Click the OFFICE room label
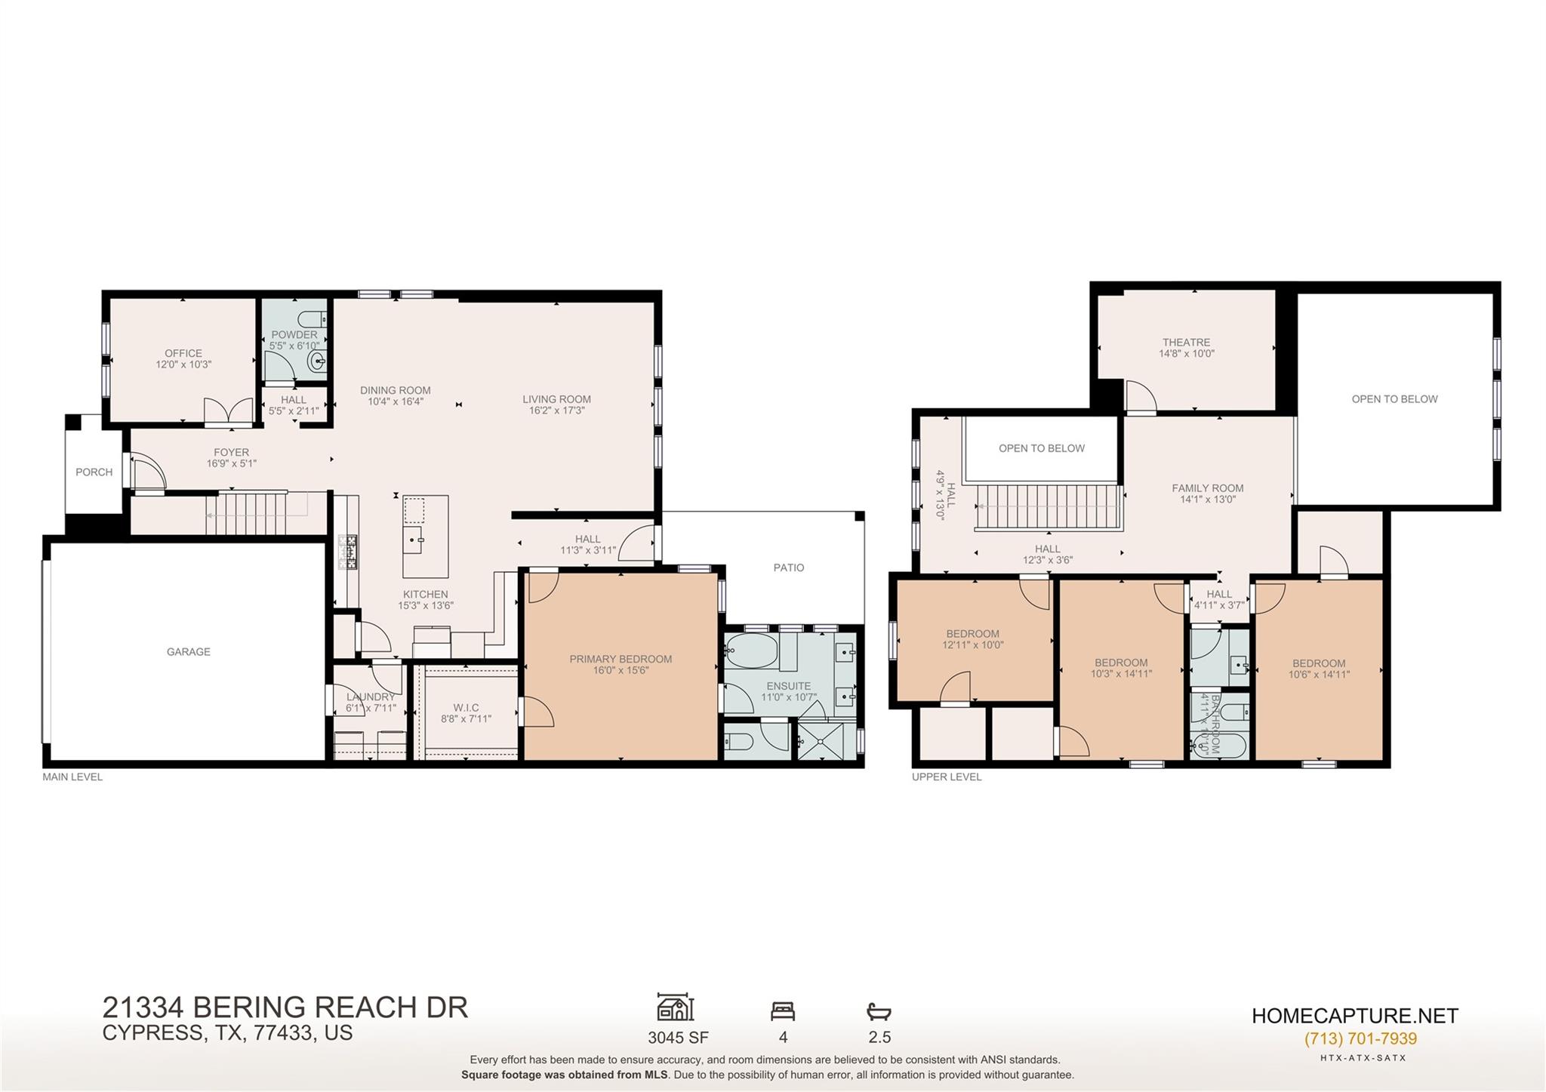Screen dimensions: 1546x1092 click(x=183, y=353)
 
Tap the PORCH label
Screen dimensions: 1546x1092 click(x=94, y=472)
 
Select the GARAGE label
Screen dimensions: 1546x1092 click(x=189, y=652)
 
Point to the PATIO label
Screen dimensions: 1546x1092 click(x=789, y=568)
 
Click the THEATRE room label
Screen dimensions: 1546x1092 click(x=1187, y=343)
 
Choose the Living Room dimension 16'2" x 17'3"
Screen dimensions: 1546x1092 click(x=557, y=411)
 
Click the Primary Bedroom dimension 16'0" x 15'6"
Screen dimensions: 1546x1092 click(x=621, y=670)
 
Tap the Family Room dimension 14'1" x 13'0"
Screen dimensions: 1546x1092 click(x=1208, y=499)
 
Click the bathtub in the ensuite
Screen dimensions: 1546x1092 click(x=751, y=651)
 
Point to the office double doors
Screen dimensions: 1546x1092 click(x=229, y=411)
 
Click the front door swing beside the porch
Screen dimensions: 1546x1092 click(x=148, y=473)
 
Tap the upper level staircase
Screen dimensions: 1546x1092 click(x=1046, y=507)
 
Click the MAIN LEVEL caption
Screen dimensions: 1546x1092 click(x=72, y=777)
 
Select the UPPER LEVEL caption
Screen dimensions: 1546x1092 click(x=947, y=777)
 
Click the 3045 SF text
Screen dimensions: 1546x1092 click(x=678, y=1038)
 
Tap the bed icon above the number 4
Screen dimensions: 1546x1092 click(x=783, y=1010)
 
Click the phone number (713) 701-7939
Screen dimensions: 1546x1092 click(x=1360, y=1039)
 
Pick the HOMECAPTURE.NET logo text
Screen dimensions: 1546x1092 click(x=1355, y=1016)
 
